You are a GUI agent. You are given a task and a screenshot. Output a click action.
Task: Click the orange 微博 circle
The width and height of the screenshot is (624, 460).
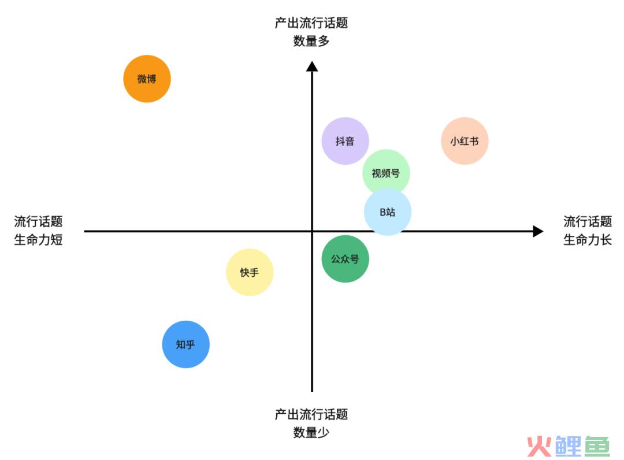tap(147, 79)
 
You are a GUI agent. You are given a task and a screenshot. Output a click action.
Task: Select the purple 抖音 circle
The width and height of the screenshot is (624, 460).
tap(345, 141)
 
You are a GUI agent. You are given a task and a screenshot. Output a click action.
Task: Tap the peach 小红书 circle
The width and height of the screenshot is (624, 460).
tap(465, 141)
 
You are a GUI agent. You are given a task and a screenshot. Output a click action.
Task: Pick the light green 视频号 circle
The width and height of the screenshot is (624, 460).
tap(386, 172)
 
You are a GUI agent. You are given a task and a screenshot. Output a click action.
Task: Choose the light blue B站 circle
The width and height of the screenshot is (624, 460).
tap(388, 212)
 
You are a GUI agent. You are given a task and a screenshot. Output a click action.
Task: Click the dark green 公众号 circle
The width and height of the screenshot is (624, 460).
tap(345, 259)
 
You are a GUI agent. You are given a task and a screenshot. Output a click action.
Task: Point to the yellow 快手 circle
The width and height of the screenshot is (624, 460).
tap(250, 272)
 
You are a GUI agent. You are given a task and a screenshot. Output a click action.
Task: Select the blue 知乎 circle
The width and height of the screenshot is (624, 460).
tap(185, 344)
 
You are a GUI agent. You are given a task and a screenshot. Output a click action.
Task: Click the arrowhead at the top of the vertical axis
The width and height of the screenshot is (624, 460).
tap(312, 66)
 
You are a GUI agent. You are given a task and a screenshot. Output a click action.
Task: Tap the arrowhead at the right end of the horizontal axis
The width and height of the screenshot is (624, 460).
tap(538, 231)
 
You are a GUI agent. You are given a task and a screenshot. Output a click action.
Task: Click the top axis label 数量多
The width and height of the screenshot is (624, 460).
tap(311, 41)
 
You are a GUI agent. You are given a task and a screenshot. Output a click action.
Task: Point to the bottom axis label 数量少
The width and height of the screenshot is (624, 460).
tap(311, 432)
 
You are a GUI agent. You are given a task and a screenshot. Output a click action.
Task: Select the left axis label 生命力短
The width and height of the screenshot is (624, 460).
tap(38, 239)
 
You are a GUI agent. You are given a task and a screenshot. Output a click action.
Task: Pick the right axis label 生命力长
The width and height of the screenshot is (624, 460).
tap(587, 239)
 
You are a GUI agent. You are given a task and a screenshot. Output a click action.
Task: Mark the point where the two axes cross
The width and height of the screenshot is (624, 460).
tap(312, 231)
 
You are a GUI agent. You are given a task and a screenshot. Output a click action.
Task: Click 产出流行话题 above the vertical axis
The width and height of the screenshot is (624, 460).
tap(311, 23)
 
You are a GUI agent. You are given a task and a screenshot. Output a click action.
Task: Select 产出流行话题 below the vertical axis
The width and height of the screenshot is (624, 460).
tap(311, 414)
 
